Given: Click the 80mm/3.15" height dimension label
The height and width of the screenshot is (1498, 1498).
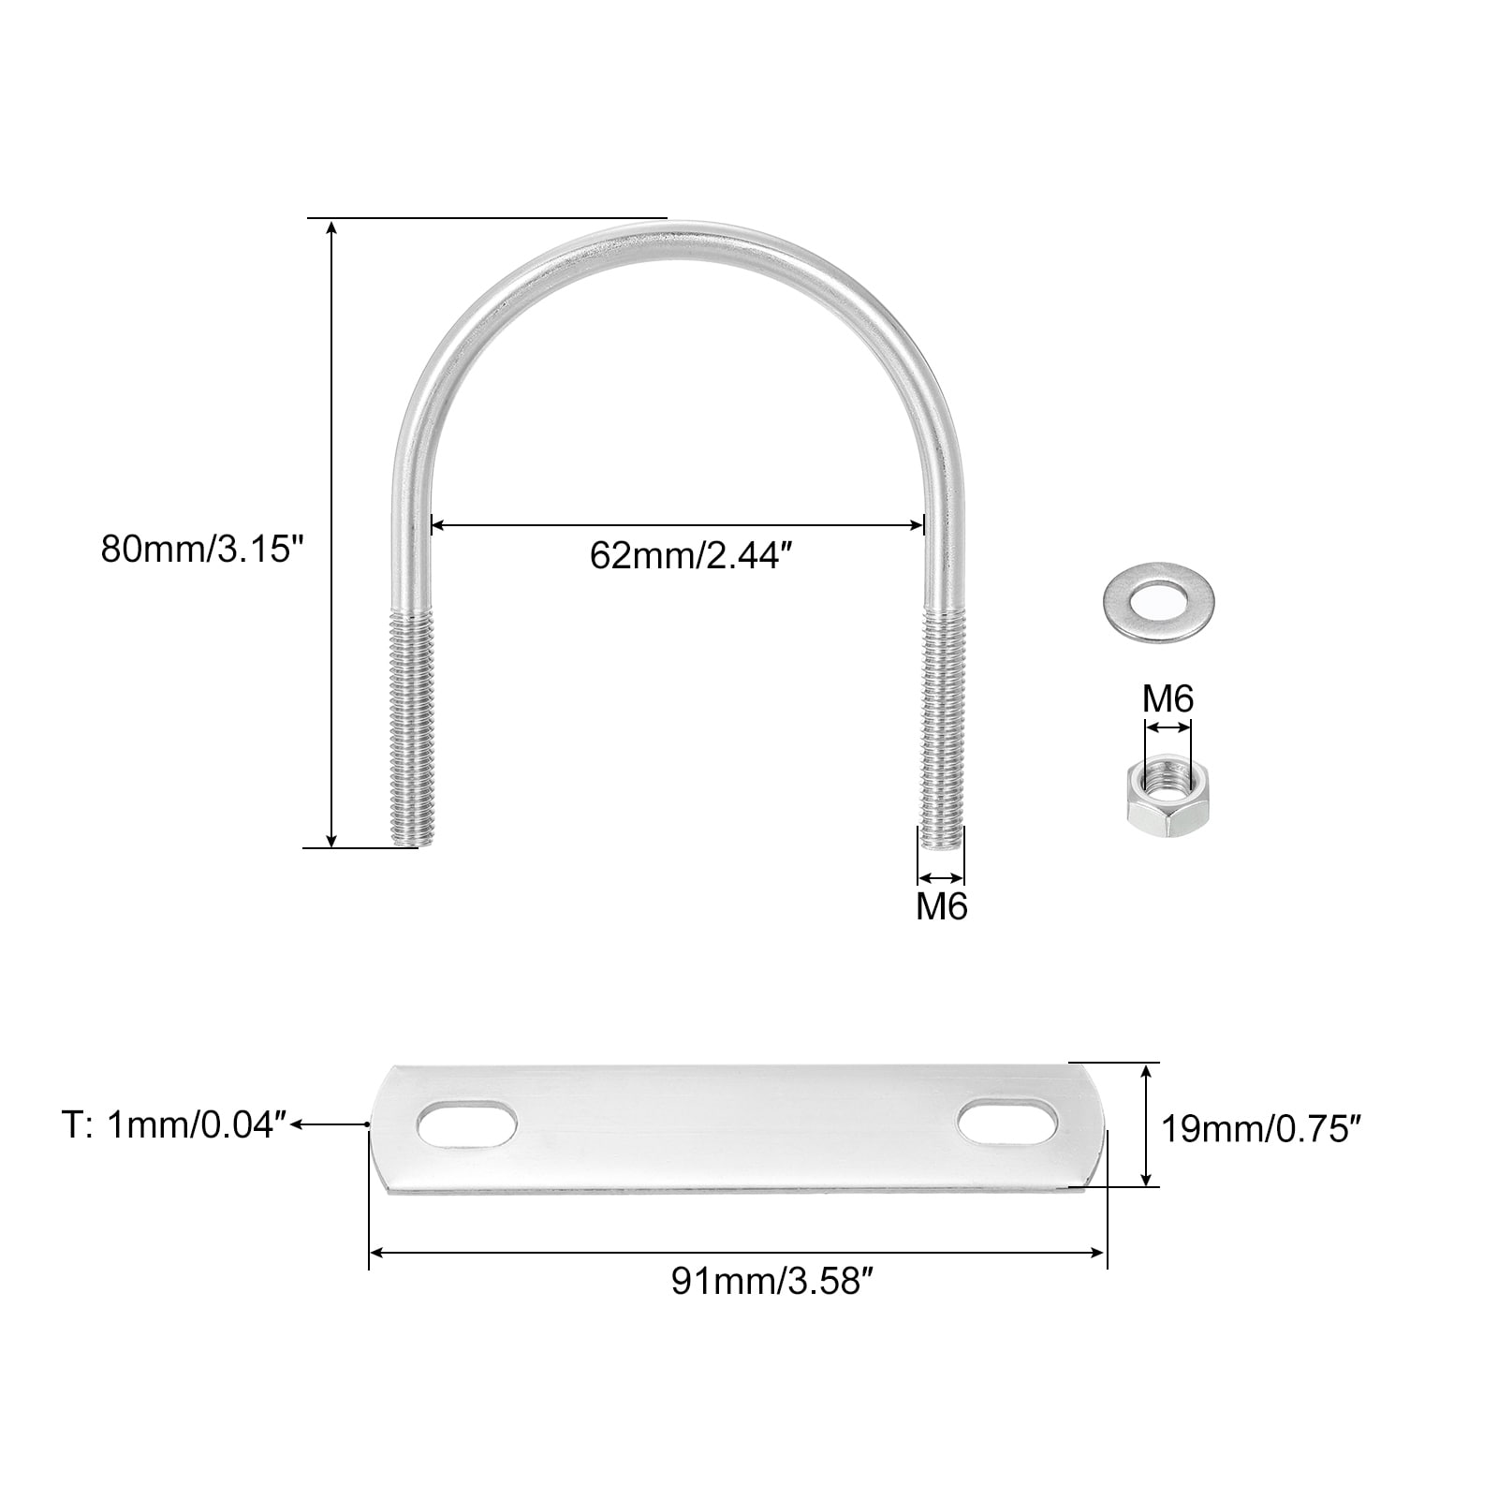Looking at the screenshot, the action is pyautogui.click(x=203, y=549).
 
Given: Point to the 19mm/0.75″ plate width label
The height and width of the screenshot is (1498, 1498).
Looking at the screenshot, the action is pyautogui.click(x=1260, y=1130).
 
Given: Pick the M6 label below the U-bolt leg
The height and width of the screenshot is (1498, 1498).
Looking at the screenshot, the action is pyautogui.click(x=942, y=906).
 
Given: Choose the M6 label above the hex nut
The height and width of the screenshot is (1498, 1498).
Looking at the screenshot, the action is pyautogui.click(x=1168, y=698).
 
